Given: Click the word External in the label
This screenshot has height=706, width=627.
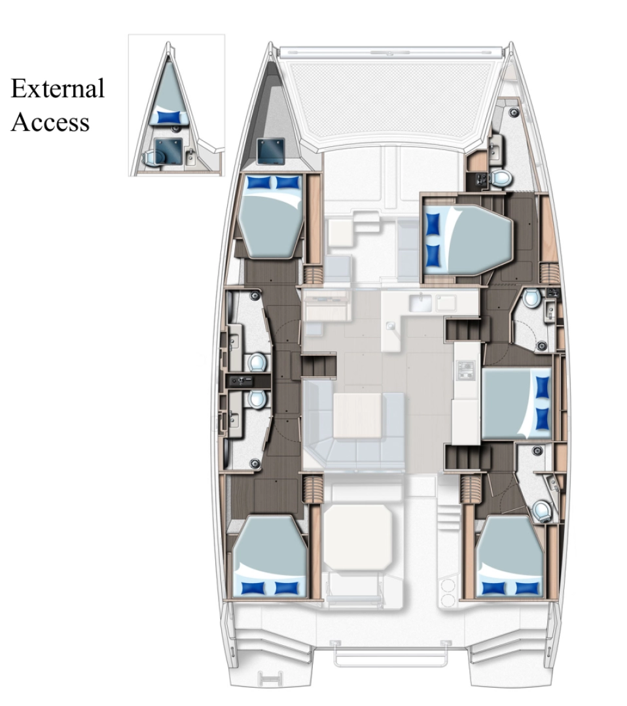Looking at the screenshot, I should [x=58, y=88].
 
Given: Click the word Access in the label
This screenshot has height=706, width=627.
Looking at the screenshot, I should [x=50, y=122].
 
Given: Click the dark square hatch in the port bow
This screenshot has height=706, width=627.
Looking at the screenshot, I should [x=270, y=151].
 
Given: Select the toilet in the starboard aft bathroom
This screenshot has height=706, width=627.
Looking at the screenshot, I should [x=540, y=510].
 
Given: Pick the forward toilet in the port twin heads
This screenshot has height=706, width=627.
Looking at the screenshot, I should [x=257, y=361].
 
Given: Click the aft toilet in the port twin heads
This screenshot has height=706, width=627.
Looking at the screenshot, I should [x=257, y=398].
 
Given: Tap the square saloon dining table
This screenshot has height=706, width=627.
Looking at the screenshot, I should [x=357, y=416].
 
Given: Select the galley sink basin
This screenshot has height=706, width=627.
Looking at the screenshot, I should [x=420, y=303].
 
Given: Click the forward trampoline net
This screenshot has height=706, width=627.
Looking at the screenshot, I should [x=393, y=95].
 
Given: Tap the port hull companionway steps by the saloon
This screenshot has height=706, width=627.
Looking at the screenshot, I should [x=318, y=365].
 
